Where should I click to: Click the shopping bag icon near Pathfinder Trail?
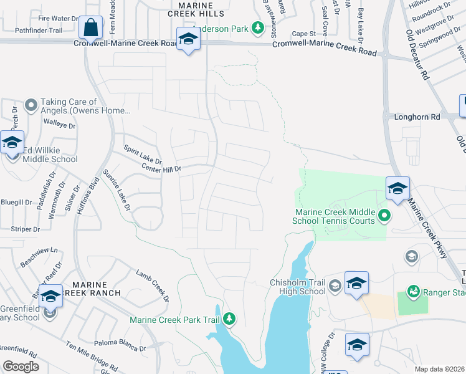(91, 28)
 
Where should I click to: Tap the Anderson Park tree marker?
(257, 28)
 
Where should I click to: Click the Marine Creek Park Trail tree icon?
(229, 319)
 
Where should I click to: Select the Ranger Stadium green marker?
(412, 291)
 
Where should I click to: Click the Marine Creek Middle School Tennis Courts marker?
(384, 216)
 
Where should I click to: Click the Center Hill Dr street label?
(161, 168)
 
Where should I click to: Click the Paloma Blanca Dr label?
(120, 343)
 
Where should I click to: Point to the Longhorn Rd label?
(417, 117)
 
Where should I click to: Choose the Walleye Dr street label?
(59, 125)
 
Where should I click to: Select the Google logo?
(20, 366)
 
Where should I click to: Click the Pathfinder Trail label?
(39, 30)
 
